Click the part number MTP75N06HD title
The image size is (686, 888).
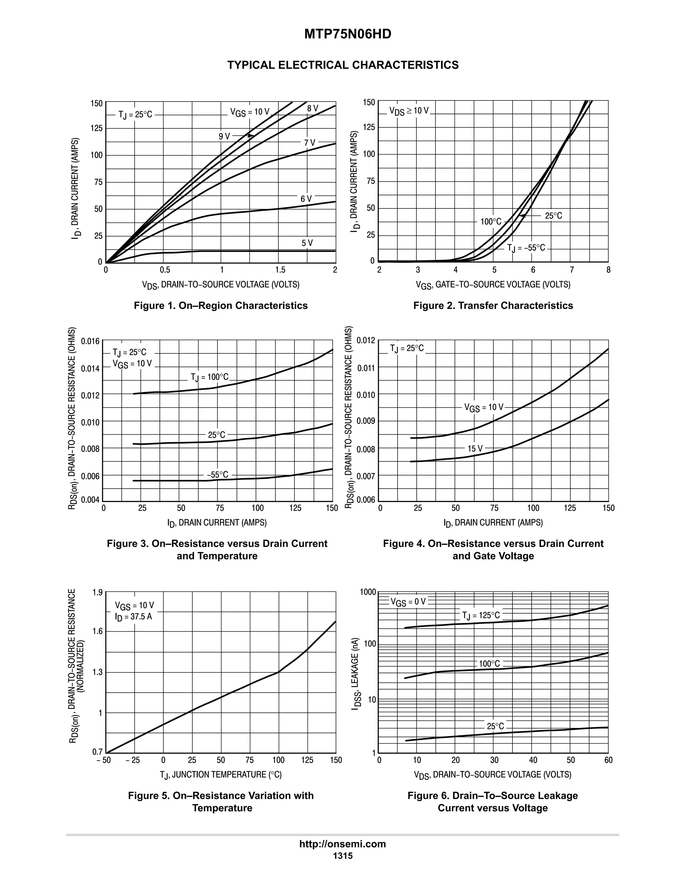(347, 34)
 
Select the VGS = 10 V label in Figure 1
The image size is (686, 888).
(250, 112)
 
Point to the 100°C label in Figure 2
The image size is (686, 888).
(491, 221)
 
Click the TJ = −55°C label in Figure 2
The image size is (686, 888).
(526, 248)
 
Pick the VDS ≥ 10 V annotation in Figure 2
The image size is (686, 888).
(409, 111)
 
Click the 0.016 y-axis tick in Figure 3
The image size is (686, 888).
(90, 341)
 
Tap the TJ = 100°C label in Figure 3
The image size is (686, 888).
(210, 377)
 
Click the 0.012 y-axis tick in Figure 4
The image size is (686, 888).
(366, 340)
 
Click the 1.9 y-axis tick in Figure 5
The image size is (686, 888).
(97, 592)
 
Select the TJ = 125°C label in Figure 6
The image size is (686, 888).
(481, 616)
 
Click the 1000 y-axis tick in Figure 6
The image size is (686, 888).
(368, 592)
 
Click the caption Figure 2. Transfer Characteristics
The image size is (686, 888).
(493, 305)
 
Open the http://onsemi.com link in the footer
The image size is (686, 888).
(343, 844)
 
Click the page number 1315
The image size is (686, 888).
(343, 856)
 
